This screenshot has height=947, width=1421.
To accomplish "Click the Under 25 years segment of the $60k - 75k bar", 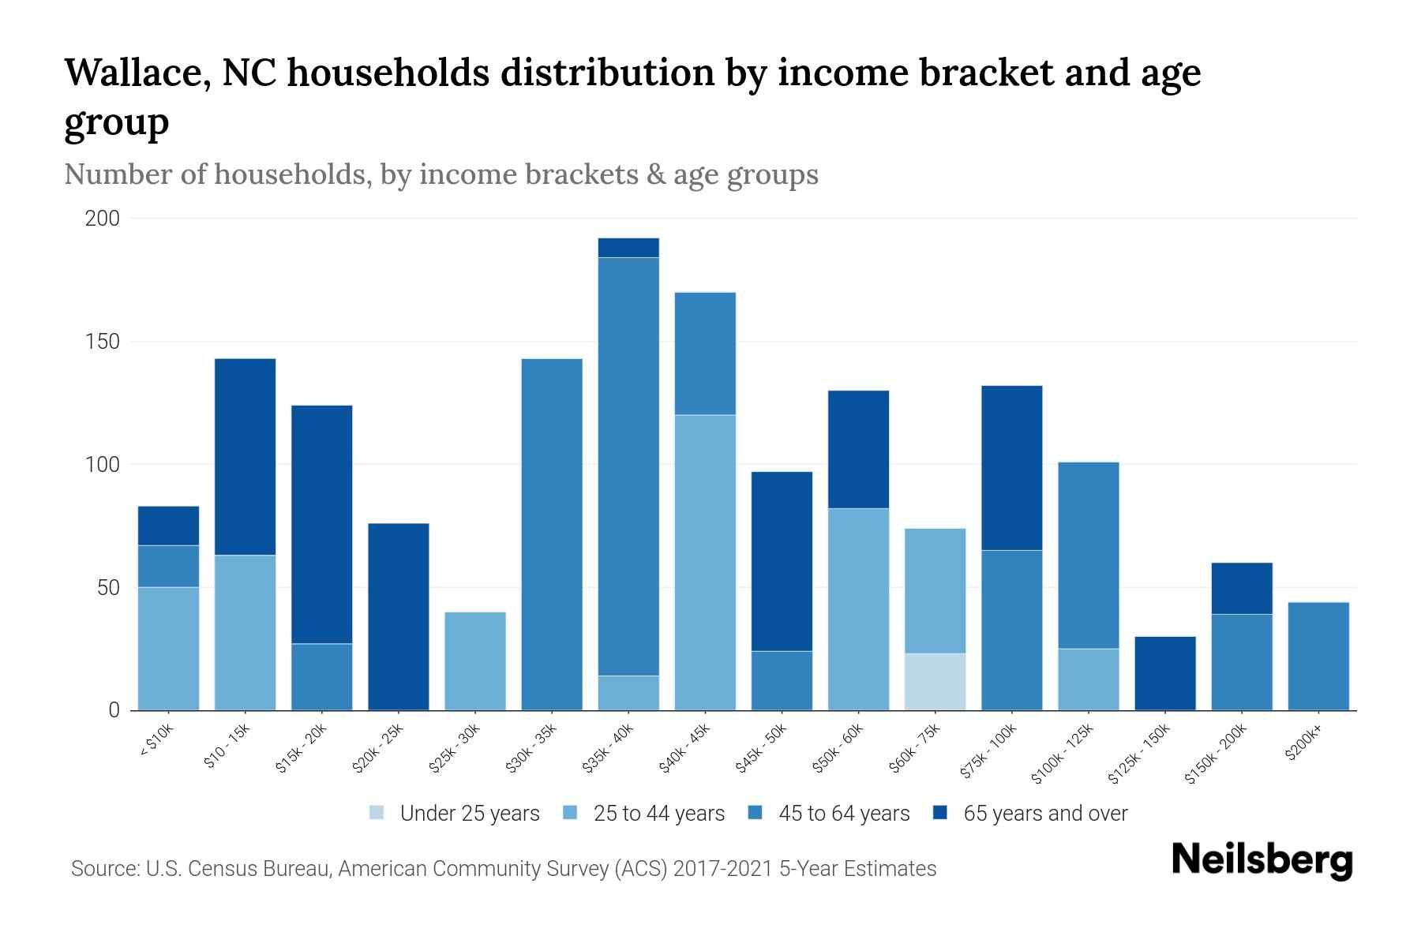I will (935, 682).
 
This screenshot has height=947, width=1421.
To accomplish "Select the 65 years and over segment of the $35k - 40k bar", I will (628, 248).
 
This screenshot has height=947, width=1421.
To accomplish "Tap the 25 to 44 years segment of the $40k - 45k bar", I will (705, 563).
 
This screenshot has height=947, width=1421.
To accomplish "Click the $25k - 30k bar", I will (475, 661).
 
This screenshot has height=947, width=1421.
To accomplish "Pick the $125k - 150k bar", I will (1164, 673).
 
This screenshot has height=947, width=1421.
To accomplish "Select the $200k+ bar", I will (1318, 657).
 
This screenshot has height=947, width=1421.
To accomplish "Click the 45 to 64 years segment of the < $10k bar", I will (168, 566).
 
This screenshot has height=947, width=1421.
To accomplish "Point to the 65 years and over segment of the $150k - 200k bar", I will (1241, 588).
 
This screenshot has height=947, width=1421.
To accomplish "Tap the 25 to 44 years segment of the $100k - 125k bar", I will (1088, 679).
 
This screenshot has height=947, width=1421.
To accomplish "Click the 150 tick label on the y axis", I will (103, 342).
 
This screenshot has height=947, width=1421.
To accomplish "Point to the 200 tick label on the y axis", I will (103, 219).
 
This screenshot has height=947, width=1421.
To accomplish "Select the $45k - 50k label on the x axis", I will (762, 748).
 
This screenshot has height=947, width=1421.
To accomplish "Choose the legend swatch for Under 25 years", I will (377, 813).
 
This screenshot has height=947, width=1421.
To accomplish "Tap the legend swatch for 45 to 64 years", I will (755, 813).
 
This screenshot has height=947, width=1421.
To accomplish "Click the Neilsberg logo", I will (1262, 860).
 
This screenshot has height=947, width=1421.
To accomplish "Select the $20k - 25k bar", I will (399, 617).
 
